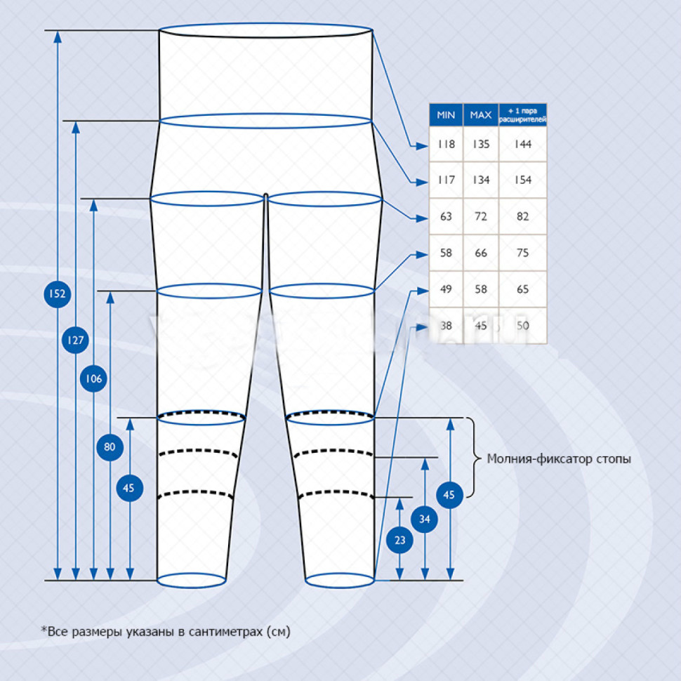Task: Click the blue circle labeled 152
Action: (x=57, y=293)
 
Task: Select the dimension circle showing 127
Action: (x=76, y=341)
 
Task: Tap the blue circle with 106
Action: (x=94, y=379)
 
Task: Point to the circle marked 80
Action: (x=110, y=447)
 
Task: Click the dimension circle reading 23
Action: (x=399, y=541)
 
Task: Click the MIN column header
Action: (x=446, y=114)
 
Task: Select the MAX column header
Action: (x=481, y=114)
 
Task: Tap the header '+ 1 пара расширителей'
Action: (x=522, y=114)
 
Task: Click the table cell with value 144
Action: (x=522, y=145)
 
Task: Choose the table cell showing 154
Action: (x=522, y=180)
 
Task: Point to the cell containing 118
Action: (x=446, y=145)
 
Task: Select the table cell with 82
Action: (x=522, y=217)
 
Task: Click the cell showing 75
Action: (x=522, y=253)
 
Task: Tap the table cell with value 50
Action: (x=522, y=326)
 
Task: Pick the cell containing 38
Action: (x=446, y=326)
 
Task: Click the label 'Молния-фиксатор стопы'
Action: (x=559, y=459)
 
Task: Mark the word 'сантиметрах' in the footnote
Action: (x=218, y=631)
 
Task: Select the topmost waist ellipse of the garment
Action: (x=265, y=31)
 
